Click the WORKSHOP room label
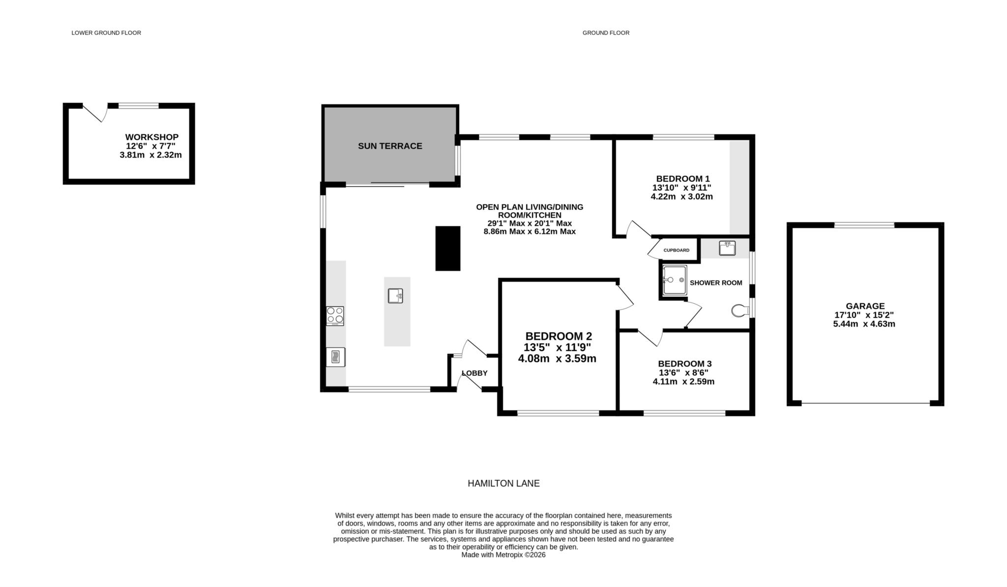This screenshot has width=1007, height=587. (x=151, y=137)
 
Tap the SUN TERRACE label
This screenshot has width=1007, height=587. (x=390, y=146)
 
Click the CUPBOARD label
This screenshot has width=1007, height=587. (x=676, y=251)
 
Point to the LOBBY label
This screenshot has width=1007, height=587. (x=474, y=373)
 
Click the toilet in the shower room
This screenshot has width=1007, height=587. (x=740, y=310)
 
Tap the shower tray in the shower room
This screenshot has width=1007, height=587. (x=674, y=280)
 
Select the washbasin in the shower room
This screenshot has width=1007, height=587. (x=727, y=248)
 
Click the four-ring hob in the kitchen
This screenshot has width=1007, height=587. (x=335, y=316)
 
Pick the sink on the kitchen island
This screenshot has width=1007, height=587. (x=395, y=296)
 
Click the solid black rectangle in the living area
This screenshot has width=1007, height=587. (x=448, y=248)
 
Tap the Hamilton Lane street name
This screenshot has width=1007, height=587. (x=503, y=483)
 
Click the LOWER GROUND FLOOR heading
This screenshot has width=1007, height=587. (x=106, y=33)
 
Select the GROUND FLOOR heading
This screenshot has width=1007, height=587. (x=606, y=33)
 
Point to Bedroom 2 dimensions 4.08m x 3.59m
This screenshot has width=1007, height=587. (x=557, y=359)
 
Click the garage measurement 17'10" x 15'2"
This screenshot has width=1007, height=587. (x=865, y=315)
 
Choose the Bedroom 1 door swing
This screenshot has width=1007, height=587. (x=639, y=229)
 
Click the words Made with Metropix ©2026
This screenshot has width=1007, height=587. (x=503, y=555)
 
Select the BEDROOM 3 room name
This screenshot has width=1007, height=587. (x=685, y=364)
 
